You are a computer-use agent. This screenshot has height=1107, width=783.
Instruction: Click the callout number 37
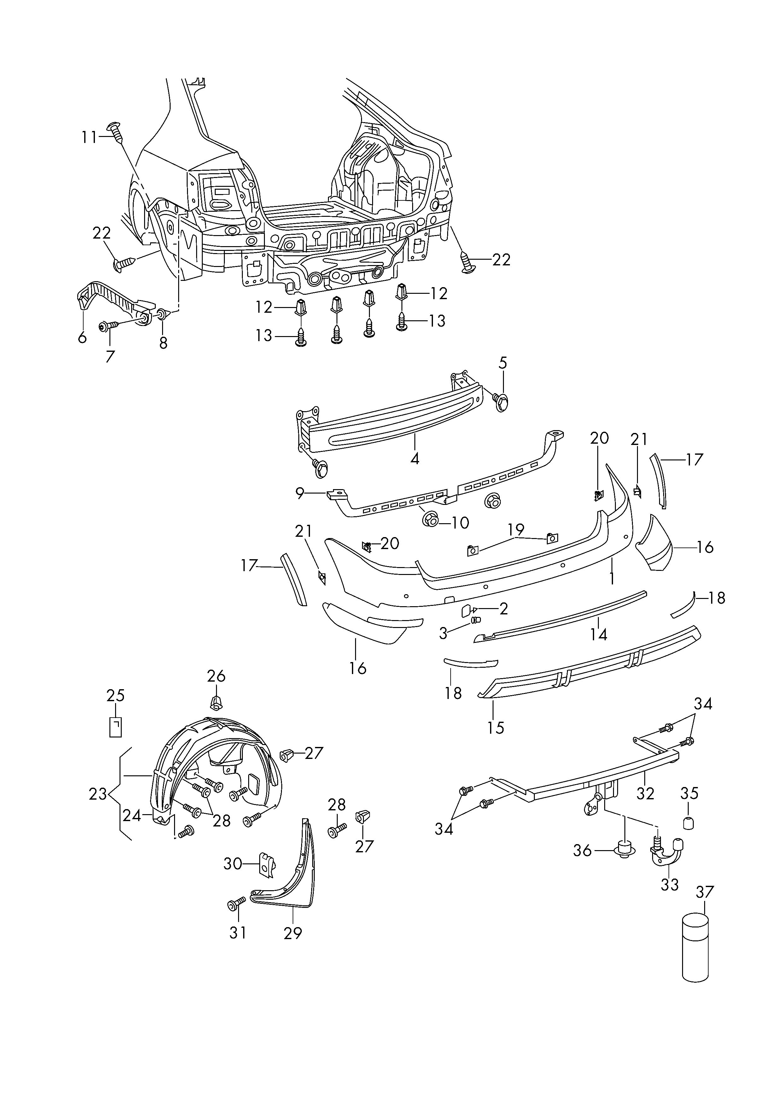704,892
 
